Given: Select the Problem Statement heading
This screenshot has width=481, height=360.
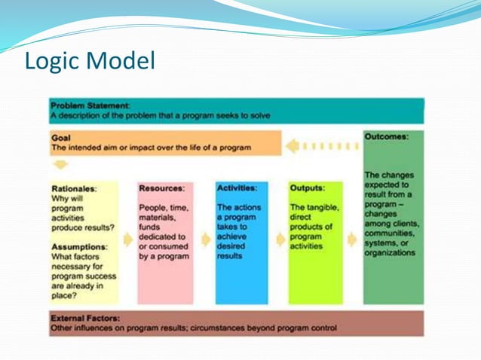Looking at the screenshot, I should pyautogui.click(x=90, y=105).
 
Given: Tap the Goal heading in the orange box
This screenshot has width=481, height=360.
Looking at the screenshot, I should pyautogui.click(x=61, y=138).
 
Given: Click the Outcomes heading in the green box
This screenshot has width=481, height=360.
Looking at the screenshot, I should pyautogui.click(x=386, y=137).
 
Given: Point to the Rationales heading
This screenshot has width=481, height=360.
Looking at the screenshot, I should pyautogui.click(x=74, y=188).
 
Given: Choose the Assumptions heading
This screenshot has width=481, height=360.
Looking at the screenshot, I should pyautogui.click(x=79, y=246).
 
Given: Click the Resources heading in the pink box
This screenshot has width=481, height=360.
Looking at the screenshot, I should pyautogui.click(x=161, y=188).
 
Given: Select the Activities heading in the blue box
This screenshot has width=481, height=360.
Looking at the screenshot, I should pyautogui.click(x=237, y=188).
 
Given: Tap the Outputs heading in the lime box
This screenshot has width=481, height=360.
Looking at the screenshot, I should pyautogui.click(x=307, y=188).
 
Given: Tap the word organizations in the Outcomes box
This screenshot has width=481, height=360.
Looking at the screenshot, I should pyautogui.click(x=389, y=253).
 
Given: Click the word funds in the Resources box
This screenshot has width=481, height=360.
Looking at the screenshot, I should pyautogui.click(x=151, y=227).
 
